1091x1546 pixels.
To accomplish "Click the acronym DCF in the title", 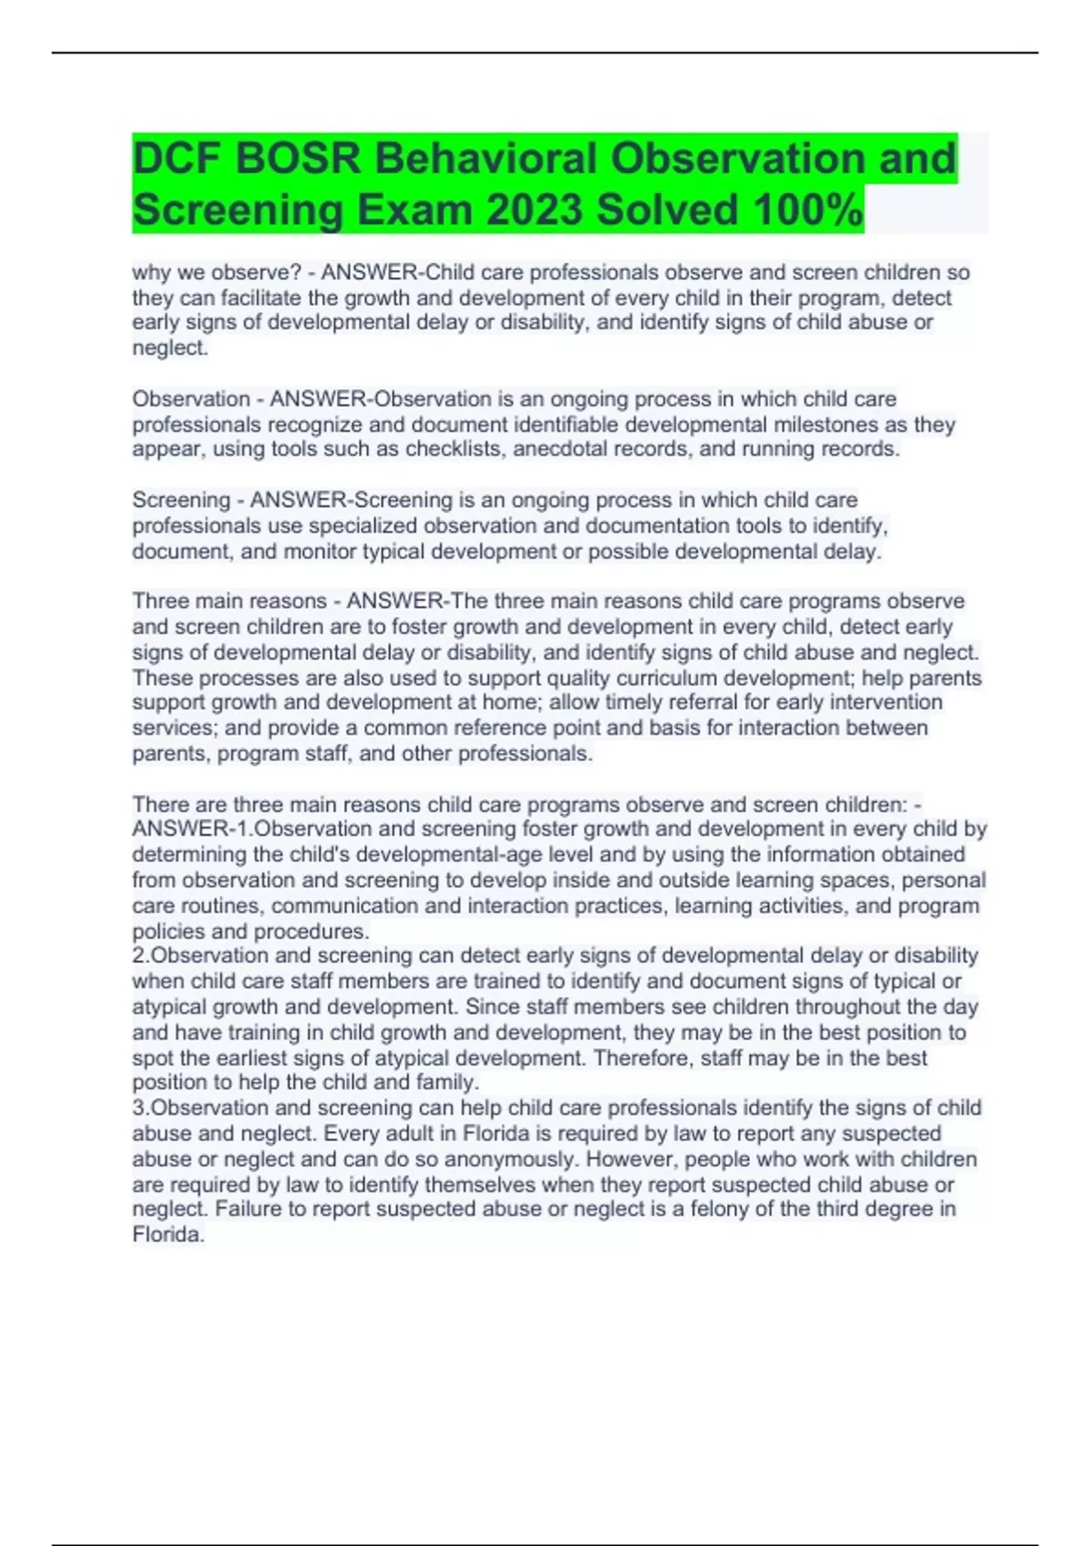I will (176, 158).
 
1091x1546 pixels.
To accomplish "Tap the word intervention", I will (885, 702).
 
